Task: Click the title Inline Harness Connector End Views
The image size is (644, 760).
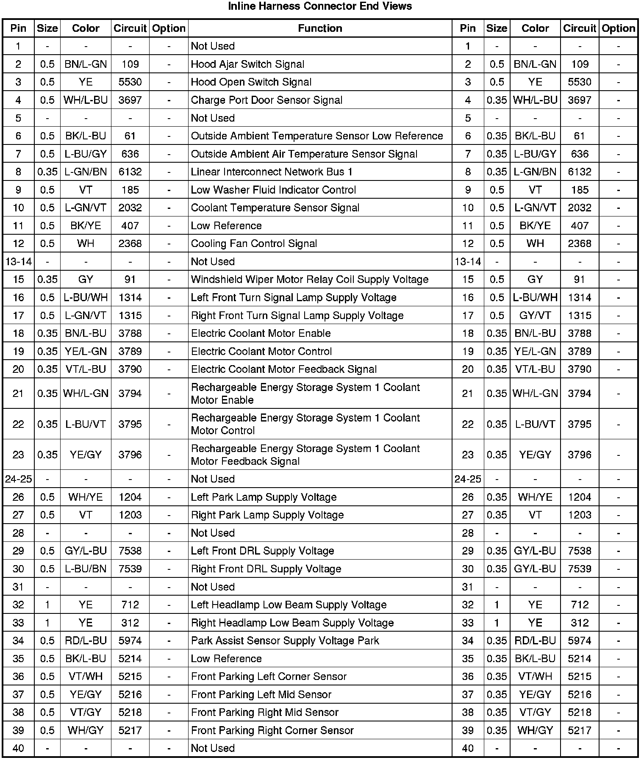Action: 320,6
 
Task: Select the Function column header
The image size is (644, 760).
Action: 320,28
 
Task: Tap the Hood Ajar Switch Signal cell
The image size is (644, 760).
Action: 247,64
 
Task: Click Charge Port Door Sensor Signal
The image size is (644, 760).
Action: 266,100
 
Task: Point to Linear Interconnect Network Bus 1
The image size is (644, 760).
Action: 272,172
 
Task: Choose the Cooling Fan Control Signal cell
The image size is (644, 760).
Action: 254,244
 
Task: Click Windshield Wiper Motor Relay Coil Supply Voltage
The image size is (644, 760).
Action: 310,280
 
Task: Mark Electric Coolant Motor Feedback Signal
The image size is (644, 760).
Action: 284,369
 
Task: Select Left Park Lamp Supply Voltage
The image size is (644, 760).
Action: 264,497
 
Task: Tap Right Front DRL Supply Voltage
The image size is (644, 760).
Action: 266,569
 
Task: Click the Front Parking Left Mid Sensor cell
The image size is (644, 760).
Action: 261,694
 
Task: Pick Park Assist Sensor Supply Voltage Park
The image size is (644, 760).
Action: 285,641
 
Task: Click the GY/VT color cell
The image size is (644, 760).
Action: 535,316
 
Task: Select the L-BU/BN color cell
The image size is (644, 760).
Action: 86,569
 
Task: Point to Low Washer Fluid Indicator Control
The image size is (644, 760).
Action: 273,190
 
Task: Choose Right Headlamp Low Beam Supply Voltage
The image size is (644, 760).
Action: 292,623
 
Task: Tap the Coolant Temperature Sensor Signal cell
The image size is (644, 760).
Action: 275,208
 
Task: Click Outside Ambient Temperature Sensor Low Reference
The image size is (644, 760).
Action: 317,136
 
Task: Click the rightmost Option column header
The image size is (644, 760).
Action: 618,28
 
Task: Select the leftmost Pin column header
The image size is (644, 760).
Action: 18,28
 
